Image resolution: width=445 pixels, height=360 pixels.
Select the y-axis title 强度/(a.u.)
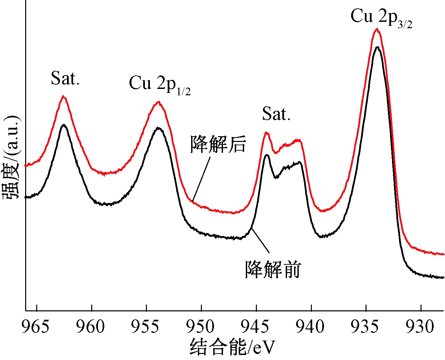pyautogui.click(x=12, y=158)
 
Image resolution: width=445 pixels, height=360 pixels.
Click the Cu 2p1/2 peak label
pyautogui.click(x=160, y=84)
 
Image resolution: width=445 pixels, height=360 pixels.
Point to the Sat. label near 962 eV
pyautogui.click(x=65, y=79)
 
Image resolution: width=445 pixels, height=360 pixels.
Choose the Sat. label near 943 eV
pyautogui.click(x=276, y=114)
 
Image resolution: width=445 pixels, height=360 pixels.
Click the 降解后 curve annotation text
pyautogui.click(x=218, y=144)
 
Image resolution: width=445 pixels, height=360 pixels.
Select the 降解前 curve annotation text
pyautogui.click(x=273, y=269)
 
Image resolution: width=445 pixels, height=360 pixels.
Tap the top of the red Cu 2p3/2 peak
pyautogui.click(x=377, y=30)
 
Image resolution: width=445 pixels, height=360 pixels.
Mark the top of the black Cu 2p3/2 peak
pyautogui.click(x=377, y=47)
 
